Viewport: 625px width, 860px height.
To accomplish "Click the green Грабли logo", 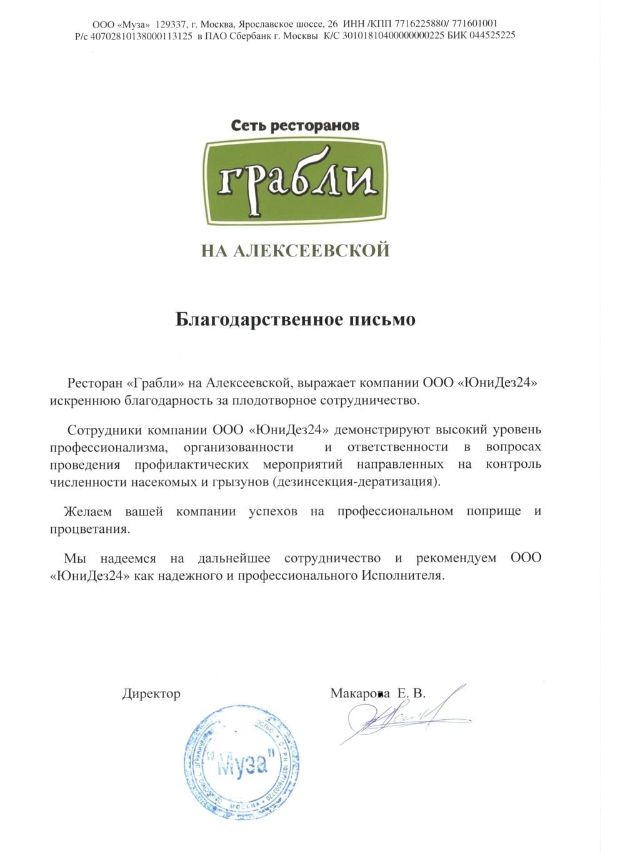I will (x=295, y=182).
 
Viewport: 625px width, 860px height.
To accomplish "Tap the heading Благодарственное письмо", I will (x=295, y=320).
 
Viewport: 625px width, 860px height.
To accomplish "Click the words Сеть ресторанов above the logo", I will (x=295, y=125).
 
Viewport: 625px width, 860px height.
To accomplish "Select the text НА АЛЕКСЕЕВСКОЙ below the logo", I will (x=295, y=251).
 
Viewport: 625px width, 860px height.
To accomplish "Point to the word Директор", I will (x=151, y=694).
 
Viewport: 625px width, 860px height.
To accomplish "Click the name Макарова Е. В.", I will (x=377, y=693).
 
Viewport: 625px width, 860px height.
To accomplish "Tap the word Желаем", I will (x=87, y=512).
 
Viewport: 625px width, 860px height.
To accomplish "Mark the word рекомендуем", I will (x=456, y=558).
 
